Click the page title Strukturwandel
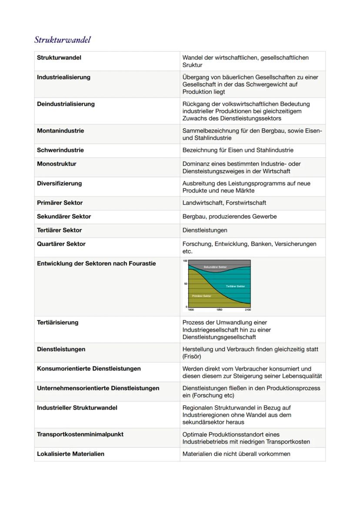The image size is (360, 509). click(x=62, y=40)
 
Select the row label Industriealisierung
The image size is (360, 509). click(x=63, y=77)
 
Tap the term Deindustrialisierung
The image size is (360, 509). click(x=66, y=104)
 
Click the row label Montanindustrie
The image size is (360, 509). click(x=60, y=131)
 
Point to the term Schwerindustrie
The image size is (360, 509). click(x=60, y=150)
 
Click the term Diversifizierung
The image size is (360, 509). click(x=59, y=183)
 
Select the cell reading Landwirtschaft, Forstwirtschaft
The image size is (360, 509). click(x=224, y=203)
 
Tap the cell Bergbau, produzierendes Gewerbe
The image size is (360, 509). click(x=230, y=216)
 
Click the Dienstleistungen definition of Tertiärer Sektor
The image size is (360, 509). click(x=205, y=230)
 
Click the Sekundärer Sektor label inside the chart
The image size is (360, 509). click(x=215, y=267)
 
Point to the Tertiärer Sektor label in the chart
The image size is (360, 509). click(x=235, y=286)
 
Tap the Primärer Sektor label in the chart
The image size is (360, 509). click(x=201, y=296)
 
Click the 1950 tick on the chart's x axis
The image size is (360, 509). click(x=219, y=310)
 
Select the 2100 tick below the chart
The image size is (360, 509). click(x=247, y=310)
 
